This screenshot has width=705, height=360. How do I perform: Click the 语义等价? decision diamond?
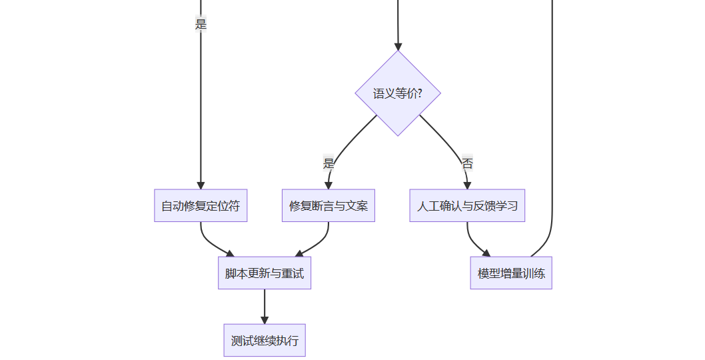click(398, 93)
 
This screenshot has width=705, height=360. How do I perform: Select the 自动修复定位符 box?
click(201, 205)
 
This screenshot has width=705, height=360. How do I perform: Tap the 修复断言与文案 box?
click(329, 205)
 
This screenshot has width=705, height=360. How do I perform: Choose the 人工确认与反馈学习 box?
click(467, 205)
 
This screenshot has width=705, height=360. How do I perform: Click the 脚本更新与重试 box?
click(265, 273)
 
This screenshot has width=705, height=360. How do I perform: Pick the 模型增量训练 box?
click(511, 273)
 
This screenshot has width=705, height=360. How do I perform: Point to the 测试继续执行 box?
click(265, 341)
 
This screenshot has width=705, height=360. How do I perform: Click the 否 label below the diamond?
click(467, 163)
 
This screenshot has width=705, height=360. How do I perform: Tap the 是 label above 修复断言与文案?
click(329, 163)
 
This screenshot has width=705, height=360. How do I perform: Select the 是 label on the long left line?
click(201, 24)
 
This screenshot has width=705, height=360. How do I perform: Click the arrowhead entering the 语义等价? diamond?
click(398, 47)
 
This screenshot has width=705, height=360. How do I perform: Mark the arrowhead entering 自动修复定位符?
click(201, 185)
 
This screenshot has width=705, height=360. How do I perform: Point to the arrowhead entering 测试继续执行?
click(265, 320)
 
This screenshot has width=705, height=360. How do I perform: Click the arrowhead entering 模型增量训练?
click(486, 253)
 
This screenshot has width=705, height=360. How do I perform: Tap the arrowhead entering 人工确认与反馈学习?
click(467, 185)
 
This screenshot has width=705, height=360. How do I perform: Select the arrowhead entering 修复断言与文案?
click(329, 185)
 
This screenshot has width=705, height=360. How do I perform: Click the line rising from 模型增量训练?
click(552, 133)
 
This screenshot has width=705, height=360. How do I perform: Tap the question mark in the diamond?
click(419, 94)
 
